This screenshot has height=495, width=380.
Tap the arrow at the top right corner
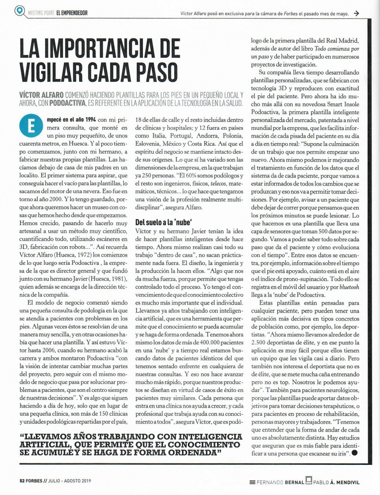(356, 13)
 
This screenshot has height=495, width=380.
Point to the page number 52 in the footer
(23, 481)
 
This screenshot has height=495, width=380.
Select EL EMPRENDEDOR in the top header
(71, 13)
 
